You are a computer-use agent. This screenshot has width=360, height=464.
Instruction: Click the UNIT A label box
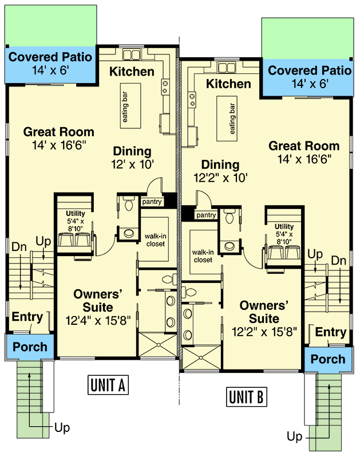click(x=108, y=386)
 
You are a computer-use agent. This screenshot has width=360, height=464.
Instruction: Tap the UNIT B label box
click(x=246, y=396)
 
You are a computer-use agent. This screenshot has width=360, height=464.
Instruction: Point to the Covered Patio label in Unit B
click(x=310, y=77)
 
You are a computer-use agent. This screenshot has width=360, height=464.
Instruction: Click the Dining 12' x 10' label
click(x=132, y=158)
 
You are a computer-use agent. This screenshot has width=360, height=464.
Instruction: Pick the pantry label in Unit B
click(x=205, y=215)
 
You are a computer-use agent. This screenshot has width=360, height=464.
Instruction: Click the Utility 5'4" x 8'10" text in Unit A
click(x=74, y=221)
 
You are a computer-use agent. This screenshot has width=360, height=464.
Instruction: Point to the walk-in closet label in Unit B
click(x=203, y=255)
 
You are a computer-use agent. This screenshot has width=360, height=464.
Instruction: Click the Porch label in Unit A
click(x=30, y=347)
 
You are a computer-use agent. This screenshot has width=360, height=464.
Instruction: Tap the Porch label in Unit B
click(x=328, y=359)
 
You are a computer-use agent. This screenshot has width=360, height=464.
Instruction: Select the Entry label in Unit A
click(x=27, y=317)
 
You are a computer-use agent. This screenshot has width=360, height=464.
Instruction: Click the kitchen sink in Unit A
click(x=133, y=55)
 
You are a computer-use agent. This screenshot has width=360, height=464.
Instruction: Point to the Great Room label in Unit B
click(x=304, y=152)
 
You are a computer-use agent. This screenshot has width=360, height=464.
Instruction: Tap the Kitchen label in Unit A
click(x=132, y=72)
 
